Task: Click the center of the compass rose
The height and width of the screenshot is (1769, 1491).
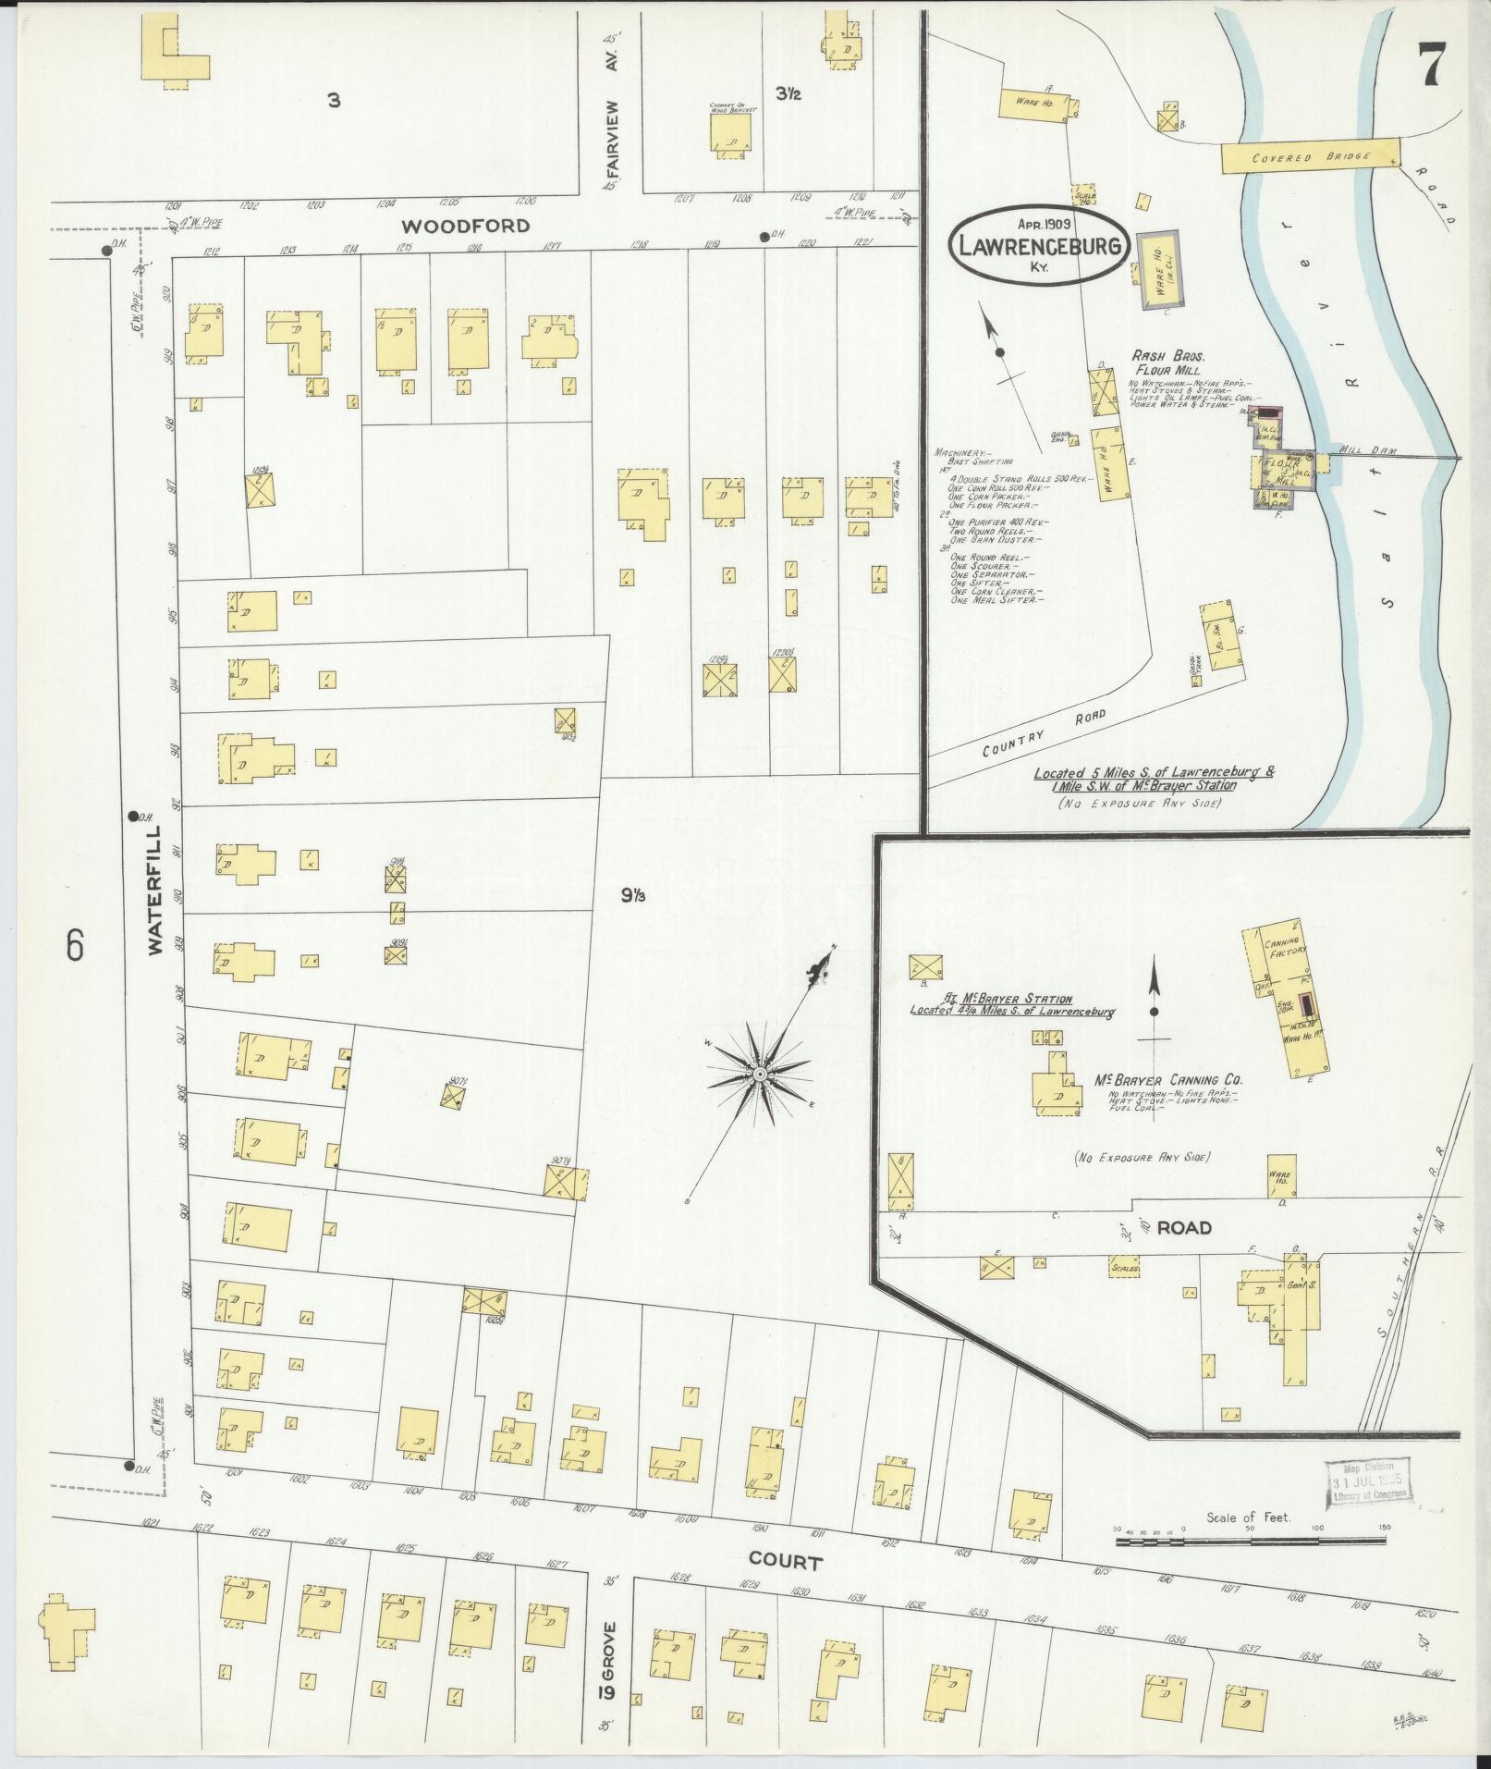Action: tap(759, 1074)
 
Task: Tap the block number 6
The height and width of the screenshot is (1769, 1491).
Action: tap(75, 945)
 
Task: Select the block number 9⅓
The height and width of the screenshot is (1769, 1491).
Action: tap(632, 895)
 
